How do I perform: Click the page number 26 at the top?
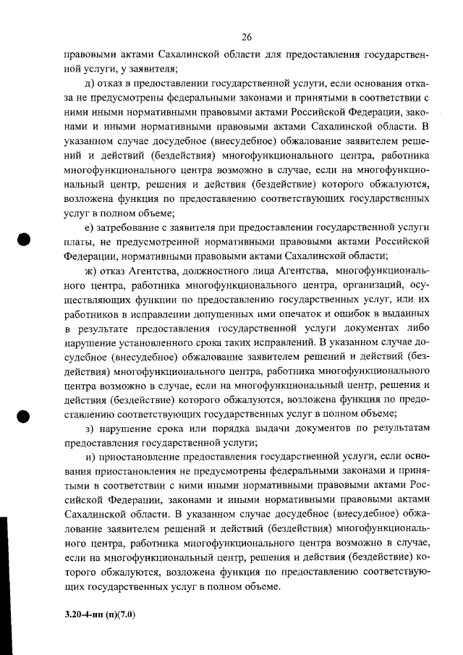click(246, 37)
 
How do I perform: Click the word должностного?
click(221, 271)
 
